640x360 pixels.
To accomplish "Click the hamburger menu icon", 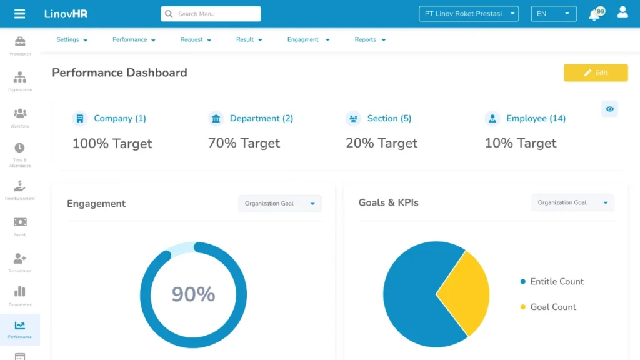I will point(19,14).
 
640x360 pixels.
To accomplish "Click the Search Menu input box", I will point(211,14).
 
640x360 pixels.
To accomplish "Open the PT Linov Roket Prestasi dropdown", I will point(469,14).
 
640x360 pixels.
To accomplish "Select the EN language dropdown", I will point(553,14).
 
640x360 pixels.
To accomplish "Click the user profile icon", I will point(622,12).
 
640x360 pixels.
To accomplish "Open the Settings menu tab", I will point(72,39).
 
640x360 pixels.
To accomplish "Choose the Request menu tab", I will point(196,39).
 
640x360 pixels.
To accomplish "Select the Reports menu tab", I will point(370,39).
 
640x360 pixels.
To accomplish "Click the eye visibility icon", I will point(609,109).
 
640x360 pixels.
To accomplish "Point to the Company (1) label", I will point(119,118).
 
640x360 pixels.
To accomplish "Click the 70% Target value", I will point(244,143).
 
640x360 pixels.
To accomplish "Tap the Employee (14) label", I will point(536,118).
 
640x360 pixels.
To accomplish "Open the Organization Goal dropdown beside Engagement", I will point(279,204).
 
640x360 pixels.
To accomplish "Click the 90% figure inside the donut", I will point(193,294).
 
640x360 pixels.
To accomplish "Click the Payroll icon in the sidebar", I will point(20,223).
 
